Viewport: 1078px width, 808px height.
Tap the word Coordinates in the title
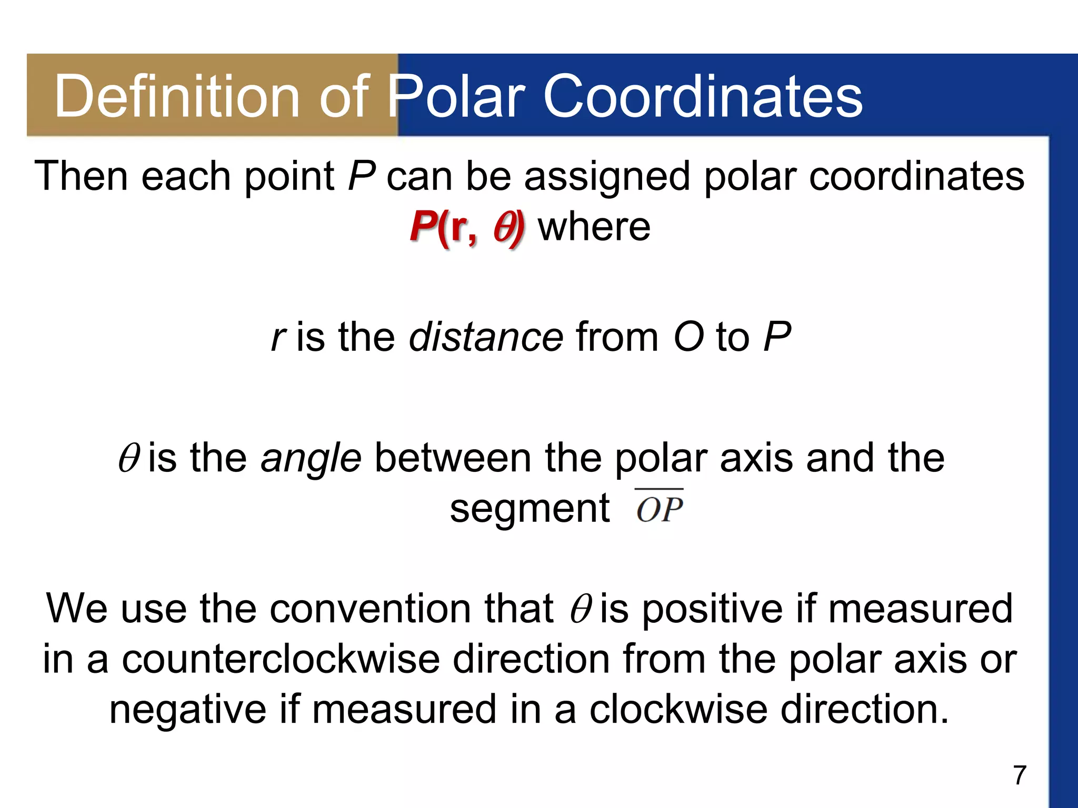[x=702, y=96]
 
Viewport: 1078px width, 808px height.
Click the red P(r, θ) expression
[x=467, y=227]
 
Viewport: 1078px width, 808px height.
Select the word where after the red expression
[x=594, y=227]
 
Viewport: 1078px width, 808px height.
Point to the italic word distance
[x=486, y=337]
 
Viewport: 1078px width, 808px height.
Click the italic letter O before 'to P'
[x=688, y=337]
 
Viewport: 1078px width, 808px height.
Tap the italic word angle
[x=311, y=458]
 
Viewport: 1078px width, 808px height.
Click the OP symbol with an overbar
[x=659, y=508]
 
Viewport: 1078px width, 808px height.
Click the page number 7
[x=1020, y=775]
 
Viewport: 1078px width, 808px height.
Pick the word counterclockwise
[x=281, y=659]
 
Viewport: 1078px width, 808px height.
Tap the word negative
[x=188, y=709]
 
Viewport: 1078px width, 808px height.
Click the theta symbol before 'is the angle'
[x=128, y=458]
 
